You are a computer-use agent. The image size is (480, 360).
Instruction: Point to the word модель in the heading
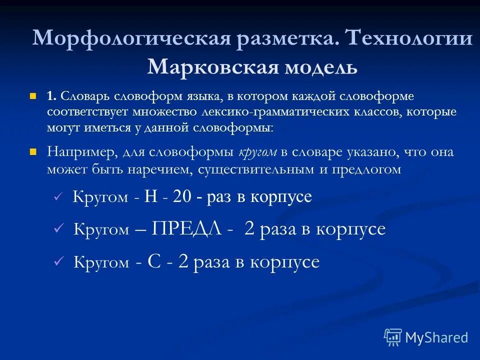tap(321, 66)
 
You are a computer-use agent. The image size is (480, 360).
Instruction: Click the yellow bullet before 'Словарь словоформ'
tap(34, 94)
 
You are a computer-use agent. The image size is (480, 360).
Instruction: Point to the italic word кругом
tap(257, 152)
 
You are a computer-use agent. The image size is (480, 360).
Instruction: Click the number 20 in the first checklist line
tap(182, 196)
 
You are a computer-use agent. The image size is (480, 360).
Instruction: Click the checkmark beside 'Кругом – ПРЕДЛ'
tap(59, 229)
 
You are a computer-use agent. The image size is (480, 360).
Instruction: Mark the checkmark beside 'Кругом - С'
tap(59, 261)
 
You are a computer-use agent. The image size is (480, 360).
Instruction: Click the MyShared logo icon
tap(393, 337)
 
